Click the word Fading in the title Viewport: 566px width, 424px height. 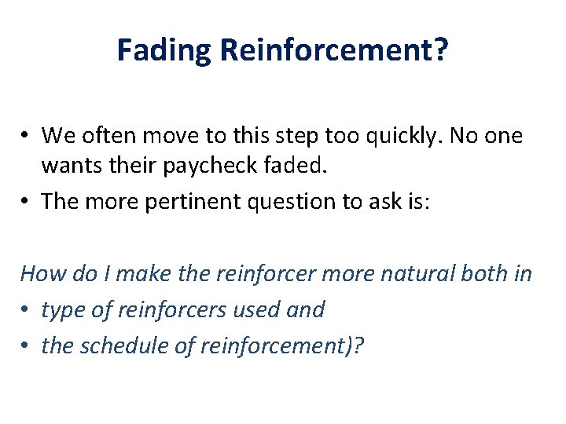point(164,50)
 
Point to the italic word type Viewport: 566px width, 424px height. point(61,310)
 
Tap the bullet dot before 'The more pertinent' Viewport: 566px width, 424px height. point(27,202)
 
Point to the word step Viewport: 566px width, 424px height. point(318,136)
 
